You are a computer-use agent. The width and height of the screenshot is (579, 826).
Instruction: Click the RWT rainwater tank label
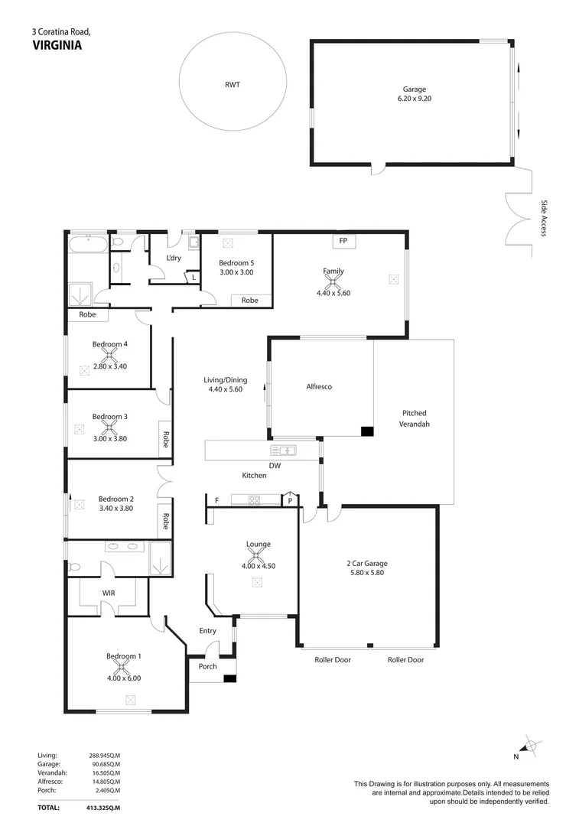click(233, 85)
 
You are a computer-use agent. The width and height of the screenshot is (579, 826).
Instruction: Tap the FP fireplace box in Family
click(343, 241)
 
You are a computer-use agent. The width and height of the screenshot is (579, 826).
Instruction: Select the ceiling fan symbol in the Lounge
click(258, 557)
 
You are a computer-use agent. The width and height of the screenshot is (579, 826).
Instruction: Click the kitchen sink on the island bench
click(283, 450)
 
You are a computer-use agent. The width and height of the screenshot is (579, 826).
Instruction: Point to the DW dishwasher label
click(275, 465)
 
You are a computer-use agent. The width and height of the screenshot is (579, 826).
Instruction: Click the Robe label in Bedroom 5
click(250, 301)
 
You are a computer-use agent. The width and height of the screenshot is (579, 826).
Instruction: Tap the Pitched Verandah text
click(415, 418)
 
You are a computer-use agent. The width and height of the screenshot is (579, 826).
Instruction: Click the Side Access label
click(544, 218)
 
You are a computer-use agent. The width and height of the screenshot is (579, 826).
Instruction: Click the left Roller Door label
click(333, 659)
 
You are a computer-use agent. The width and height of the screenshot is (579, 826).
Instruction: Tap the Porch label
click(207, 666)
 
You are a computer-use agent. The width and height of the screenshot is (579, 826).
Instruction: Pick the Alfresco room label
click(319, 387)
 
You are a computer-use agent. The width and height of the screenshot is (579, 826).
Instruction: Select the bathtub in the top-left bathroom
click(86, 245)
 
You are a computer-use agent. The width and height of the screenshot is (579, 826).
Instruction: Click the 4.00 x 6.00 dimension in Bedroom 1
click(124, 678)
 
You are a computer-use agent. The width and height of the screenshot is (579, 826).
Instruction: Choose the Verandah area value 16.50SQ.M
click(105, 773)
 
